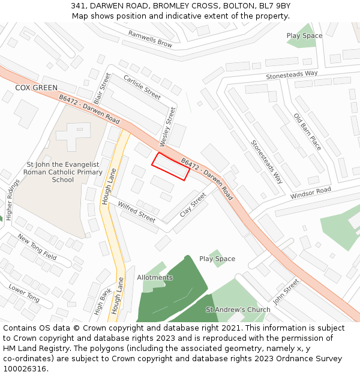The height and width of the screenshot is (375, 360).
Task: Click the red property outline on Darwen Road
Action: (x=170, y=166)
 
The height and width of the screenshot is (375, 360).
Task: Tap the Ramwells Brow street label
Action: (x=150, y=39)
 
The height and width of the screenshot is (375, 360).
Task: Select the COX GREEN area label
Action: (x=37, y=88)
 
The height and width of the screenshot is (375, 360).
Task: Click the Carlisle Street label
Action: (x=142, y=87)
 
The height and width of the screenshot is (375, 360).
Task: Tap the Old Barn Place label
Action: (x=307, y=132)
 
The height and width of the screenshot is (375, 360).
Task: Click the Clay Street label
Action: (x=193, y=204)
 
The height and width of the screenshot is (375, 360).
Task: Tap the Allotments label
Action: (x=155, y=278)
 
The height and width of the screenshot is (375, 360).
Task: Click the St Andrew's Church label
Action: (x=238, y=310)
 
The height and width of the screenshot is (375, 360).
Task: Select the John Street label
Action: (x=286, y=291)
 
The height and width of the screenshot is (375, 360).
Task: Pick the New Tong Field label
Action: (x=37, y=247)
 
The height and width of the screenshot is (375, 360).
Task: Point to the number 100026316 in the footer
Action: (x=25, y=368)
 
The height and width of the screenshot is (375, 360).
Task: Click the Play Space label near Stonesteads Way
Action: (x=304, y=36)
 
